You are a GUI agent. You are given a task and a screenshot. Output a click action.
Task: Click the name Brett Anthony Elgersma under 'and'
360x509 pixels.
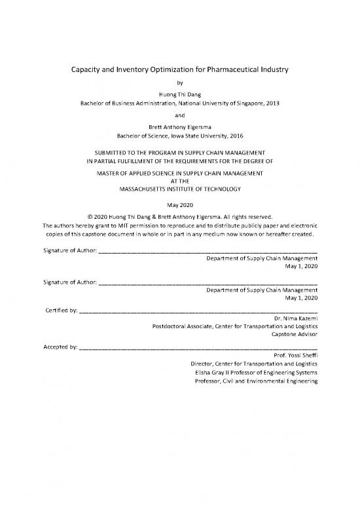(x=180, y=127)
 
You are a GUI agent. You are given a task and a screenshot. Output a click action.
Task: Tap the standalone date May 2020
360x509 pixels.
(x=180, y=205)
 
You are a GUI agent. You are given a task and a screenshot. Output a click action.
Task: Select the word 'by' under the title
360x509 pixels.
(x=180, y=83)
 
